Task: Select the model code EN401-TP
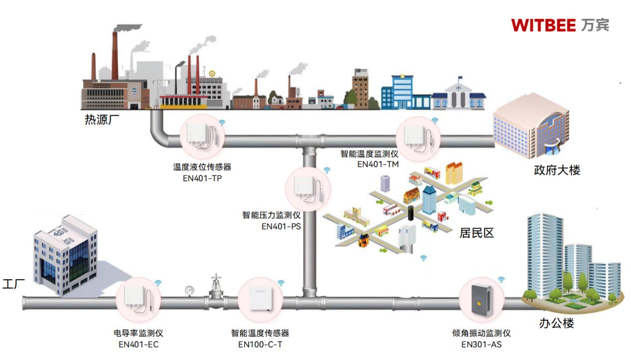click(202, 178)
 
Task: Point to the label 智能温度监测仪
click(369, 154)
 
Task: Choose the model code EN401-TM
click(378, 164)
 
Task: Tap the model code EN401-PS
click(281, 226)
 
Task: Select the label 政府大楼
click(557, 170)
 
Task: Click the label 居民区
click(477, 233)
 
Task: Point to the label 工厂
click(14, 284)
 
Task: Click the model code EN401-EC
click(138, 344)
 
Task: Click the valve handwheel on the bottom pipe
click(215, 278)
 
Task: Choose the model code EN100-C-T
click(260, 344)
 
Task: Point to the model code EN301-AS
click(481, 344)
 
